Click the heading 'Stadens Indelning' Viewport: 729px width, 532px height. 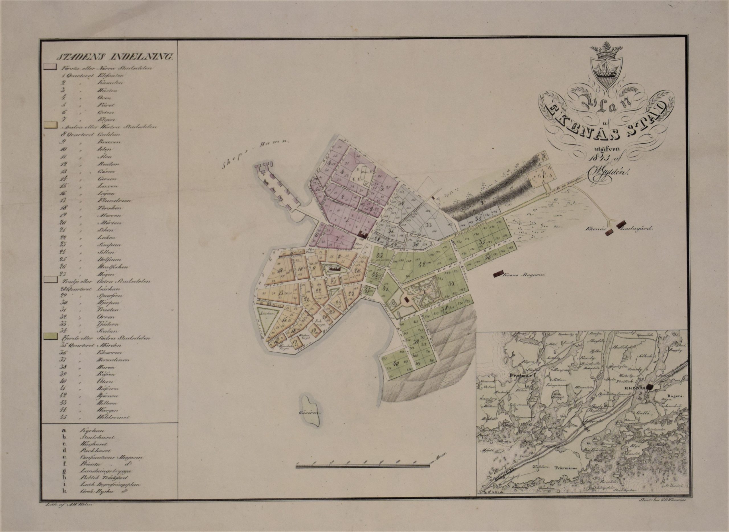point(115,57)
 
